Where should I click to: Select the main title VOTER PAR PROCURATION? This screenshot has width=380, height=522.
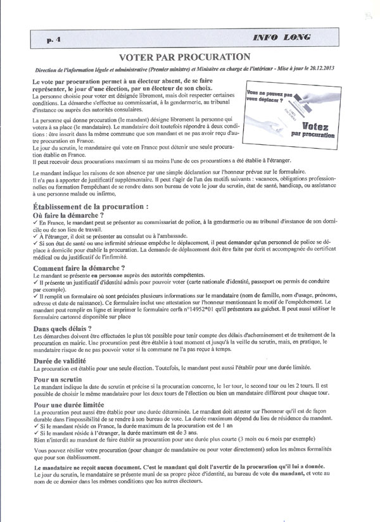190,58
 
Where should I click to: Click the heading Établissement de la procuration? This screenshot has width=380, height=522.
91,206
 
